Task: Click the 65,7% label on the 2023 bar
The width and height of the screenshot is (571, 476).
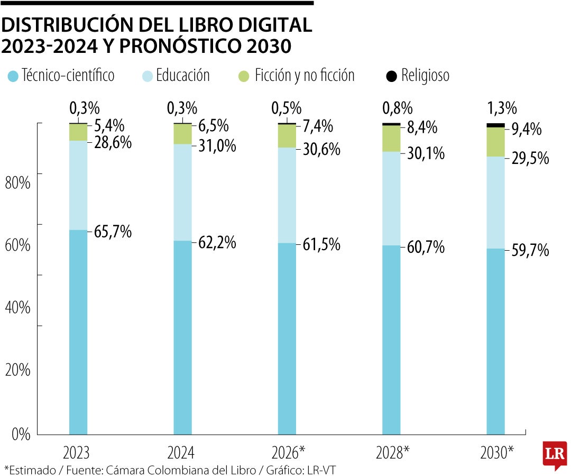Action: pyautogui.click(x=113, y=232)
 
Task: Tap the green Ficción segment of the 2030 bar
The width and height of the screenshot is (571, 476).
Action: pyautogui.click(x=495, y=142)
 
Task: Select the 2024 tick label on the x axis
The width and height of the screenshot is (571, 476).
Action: pyautogui.click(x=181, y=453)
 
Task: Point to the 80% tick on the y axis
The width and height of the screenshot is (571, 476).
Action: pyautogui.click(x=17, y=183)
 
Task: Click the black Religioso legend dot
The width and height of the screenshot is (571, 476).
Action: pyautogui.click(x=391, y=76)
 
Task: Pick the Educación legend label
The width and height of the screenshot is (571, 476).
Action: pyautogui.click(x=183, y=76)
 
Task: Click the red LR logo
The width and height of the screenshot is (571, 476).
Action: pyautogui.click(x=555, y=454)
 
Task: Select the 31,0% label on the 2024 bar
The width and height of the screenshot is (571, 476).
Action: pyautogui.click(x=217, y=145)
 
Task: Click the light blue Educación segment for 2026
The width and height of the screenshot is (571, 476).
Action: pyautogui.click(x=287, y=195)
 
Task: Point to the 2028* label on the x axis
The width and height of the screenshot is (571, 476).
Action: pyautogui.click(x=393, y=453)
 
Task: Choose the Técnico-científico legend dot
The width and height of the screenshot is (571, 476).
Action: pyautogui.click(x=14, y=76)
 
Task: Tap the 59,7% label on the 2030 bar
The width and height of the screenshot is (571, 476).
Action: pyautogui.click(x=530, y=250)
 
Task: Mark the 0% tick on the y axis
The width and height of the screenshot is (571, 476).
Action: pyautogui.click(x=21, y=434)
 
